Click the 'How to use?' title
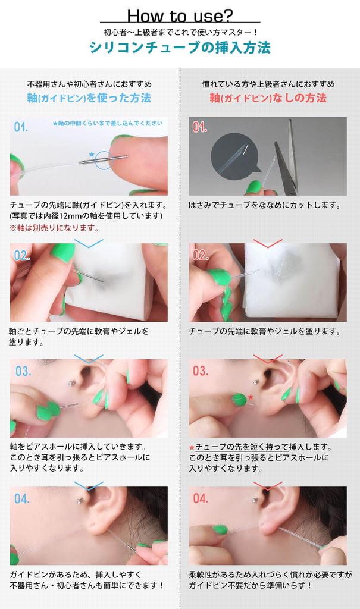tap(180, 15)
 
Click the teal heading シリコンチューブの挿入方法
tap(180, 48)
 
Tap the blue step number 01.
tap(21, 127)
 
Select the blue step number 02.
tap(22, 255)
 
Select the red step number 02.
tap(201, 255)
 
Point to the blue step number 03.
tap(23, 371)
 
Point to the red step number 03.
tap(201, 371)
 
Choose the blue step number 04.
tap(22, 498)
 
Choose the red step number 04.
tap(201, 498)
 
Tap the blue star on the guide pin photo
tap(91, 154)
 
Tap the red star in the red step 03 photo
tap(251, 397)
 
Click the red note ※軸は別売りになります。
tap(54, 228)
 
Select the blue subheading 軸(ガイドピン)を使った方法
tap(89, 98)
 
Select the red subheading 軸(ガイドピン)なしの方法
tap(268, 98)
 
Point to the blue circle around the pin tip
tap(105, 159)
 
